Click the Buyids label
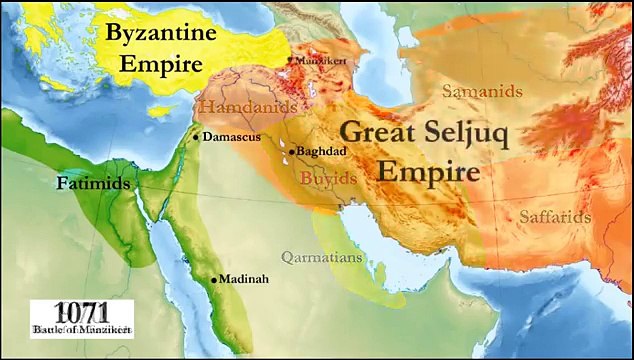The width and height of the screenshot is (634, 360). point(324,178)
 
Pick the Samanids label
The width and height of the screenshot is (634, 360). point(483,91)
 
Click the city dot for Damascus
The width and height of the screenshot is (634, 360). point(196,137)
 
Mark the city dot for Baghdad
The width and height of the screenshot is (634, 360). point(291,152)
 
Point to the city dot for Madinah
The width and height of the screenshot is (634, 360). point(213,280)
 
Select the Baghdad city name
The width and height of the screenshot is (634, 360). point(321,151)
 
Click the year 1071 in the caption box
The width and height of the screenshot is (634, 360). point(81,311)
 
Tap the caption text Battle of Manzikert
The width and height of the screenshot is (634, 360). point(81,328)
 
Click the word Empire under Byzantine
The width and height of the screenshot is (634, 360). point(162,64)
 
